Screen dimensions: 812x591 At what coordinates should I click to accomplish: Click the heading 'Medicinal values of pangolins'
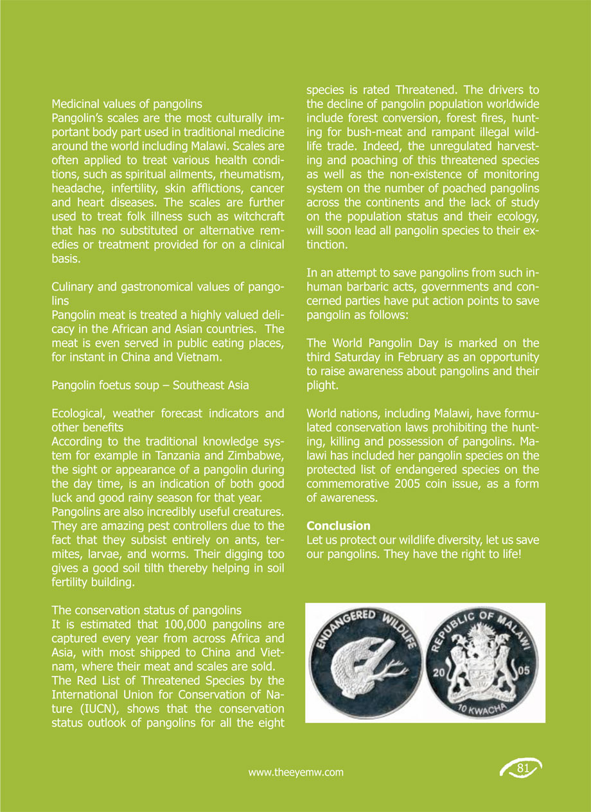[127, 103]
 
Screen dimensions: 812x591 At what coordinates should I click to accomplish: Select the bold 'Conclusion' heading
[339, 526]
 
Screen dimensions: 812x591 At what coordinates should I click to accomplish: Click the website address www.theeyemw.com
[295, 772]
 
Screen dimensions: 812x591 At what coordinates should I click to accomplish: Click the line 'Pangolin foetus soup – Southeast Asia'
[150, 385]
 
